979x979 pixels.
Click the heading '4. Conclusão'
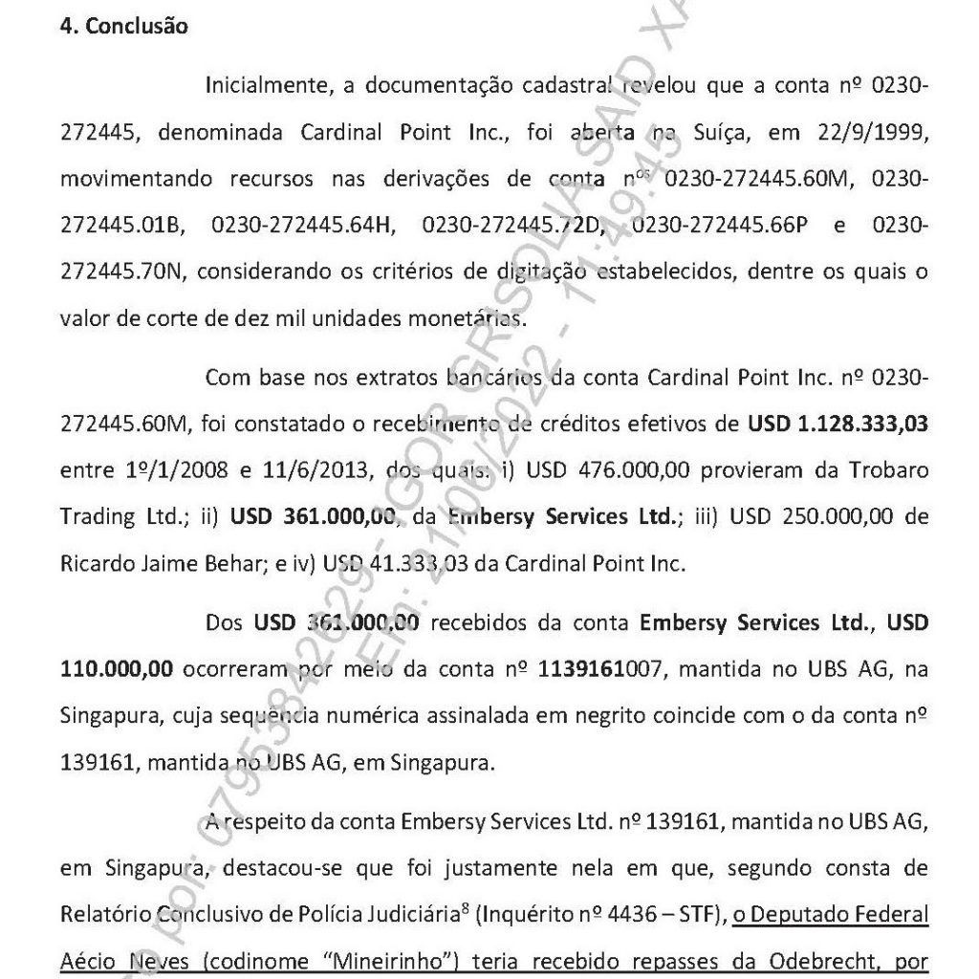(124, 27)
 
